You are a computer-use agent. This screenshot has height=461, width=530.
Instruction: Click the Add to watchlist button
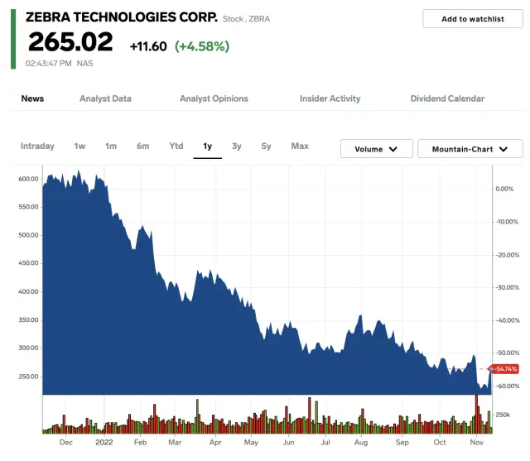473,19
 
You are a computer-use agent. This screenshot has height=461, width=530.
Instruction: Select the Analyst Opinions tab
214,98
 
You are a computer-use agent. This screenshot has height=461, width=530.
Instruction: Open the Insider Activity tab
330,98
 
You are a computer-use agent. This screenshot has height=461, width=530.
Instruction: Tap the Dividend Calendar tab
447,98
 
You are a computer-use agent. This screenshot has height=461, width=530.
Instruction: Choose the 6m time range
143,146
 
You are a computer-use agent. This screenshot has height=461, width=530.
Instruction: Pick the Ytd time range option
176,146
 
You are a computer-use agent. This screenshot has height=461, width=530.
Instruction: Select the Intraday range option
37,146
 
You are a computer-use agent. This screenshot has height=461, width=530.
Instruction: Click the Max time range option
300,146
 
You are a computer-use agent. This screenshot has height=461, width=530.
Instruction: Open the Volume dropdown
376,149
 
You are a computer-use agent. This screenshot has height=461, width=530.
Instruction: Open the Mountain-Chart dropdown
470,149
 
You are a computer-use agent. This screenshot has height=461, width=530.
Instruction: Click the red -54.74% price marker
504,369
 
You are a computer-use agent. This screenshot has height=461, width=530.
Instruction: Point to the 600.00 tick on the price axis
28,179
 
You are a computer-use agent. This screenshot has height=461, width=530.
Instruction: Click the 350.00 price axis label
28,319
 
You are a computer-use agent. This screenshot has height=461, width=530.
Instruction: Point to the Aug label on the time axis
360,443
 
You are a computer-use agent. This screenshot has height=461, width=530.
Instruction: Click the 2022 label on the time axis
104,443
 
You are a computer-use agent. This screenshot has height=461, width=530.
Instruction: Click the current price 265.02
70,42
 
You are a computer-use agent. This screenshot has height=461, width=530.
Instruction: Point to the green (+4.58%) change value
202,46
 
